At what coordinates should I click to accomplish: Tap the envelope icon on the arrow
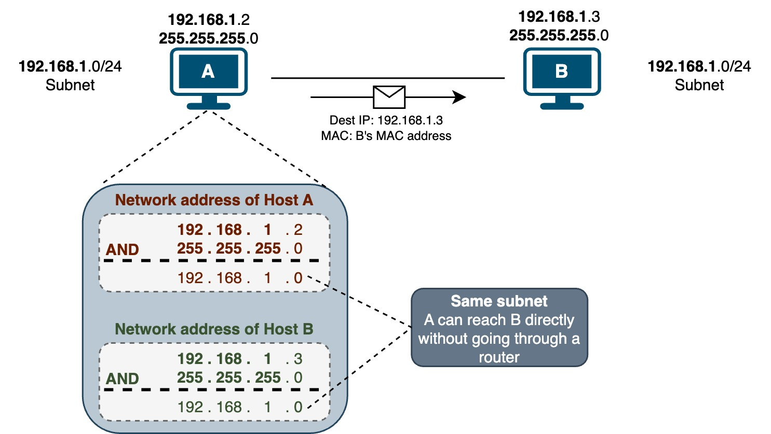coord(389,96)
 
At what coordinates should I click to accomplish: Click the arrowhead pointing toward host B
coord(458,97)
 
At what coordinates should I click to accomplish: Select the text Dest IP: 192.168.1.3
coord(386,120)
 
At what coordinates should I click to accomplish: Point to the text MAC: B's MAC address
coord(386,136)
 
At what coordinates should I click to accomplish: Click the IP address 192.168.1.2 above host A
coord(208,20)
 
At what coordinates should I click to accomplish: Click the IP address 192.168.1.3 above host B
coord(559,17)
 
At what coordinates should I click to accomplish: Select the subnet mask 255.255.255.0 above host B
coord(559,35)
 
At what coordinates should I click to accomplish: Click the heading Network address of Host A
coord(214,200)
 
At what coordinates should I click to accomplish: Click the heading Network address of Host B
coord(214,329)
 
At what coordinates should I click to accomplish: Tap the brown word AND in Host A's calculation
coord(123,249)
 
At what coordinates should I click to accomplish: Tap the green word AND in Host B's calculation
coord(123,379)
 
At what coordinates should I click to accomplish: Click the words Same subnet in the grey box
coord(499,301)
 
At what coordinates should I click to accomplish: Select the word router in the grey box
coord(499,357)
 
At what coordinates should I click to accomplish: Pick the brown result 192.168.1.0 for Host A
coord(239,278)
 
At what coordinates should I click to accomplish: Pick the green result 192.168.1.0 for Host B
coord(239,407)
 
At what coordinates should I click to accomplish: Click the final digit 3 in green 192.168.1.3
coord(297,359)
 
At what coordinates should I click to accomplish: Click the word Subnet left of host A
coord(70,85)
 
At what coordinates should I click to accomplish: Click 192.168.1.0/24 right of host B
coord(699,66)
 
